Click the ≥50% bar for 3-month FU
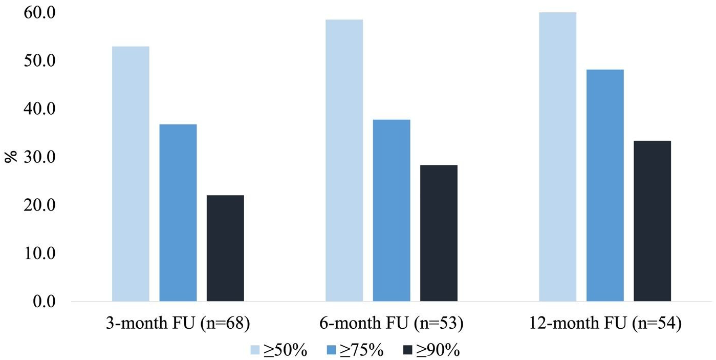[x=131, y=174]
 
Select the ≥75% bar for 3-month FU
[x=178, y=213]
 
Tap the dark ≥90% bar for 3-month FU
[x=225, y=248]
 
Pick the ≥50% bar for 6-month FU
[x=344, y=160]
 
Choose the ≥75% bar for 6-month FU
[x=392, y=210]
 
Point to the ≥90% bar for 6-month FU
[x=439, y=233]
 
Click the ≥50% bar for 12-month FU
[x=557, y=157]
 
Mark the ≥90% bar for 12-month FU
[x=652, y=221]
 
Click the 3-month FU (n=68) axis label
[x=177, y=324]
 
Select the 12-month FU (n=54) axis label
[x=605, y=324]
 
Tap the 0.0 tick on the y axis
[x=43, y=301]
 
